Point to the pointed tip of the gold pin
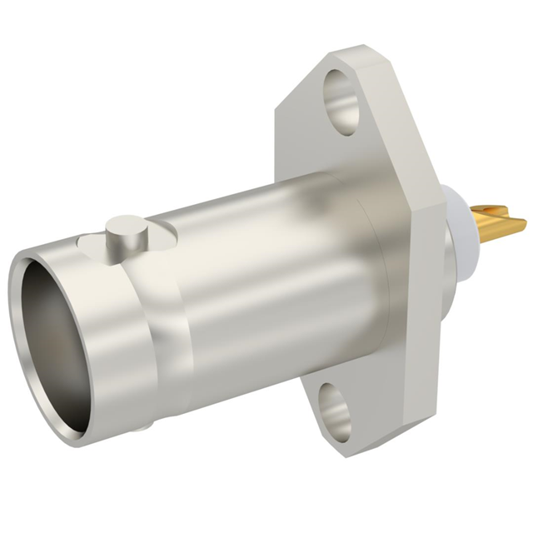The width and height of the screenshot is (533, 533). coord(524,223)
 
